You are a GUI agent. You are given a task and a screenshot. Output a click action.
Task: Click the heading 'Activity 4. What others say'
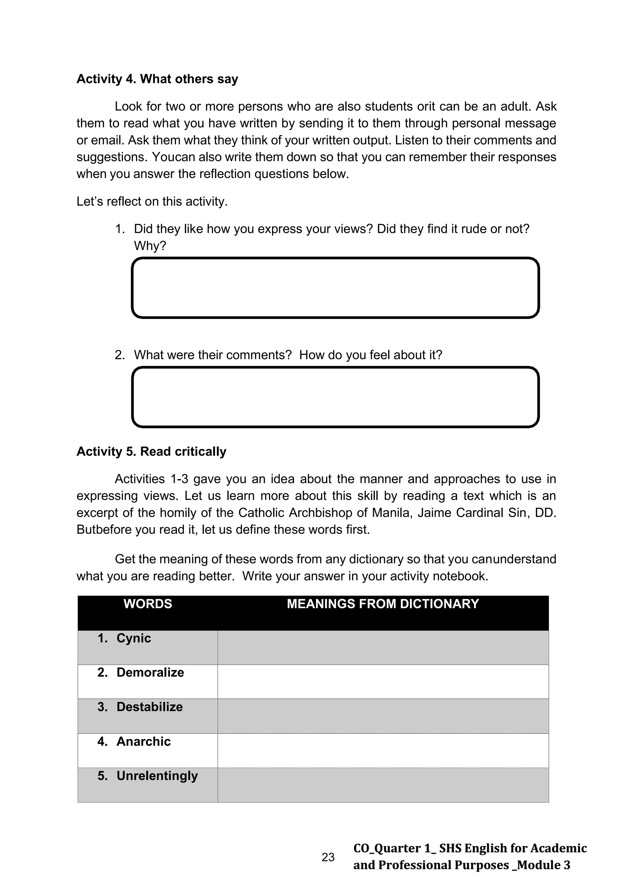[157, 79]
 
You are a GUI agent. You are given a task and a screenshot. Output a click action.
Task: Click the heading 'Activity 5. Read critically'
[151, 451]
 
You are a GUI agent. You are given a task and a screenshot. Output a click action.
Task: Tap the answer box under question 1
[335, 288]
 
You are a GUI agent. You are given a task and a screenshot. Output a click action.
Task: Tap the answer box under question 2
[335, 397]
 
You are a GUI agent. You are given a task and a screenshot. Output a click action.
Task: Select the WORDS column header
[148, 604]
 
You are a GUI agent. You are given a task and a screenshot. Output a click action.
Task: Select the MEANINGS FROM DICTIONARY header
[383, 604]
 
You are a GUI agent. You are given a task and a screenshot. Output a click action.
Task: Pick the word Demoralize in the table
[150, 672]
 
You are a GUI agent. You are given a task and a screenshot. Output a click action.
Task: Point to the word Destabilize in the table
[149, 707]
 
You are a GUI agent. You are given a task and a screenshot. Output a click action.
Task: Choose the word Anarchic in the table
[143, 741]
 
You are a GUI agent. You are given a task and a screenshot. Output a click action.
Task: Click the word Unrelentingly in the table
[157, 776]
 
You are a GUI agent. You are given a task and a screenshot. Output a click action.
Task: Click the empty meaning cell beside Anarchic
[383, 750]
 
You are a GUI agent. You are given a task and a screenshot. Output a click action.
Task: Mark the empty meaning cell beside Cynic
[383, 647]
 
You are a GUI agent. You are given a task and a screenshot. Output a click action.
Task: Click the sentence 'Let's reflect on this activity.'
[152, 202]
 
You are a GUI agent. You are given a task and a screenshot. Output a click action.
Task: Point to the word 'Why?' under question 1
[150, 246]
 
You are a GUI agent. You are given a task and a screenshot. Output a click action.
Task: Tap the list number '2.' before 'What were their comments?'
[120, 355]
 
